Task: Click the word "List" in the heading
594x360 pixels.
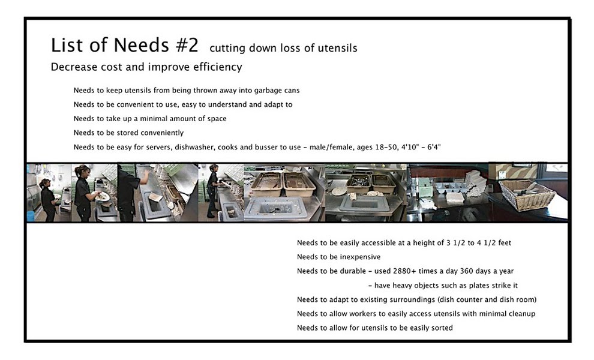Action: [65, 45]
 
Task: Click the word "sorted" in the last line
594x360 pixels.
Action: [441, 328]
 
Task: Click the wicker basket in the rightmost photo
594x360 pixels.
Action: [527, 195]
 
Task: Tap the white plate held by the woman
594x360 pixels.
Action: [104, 196]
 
